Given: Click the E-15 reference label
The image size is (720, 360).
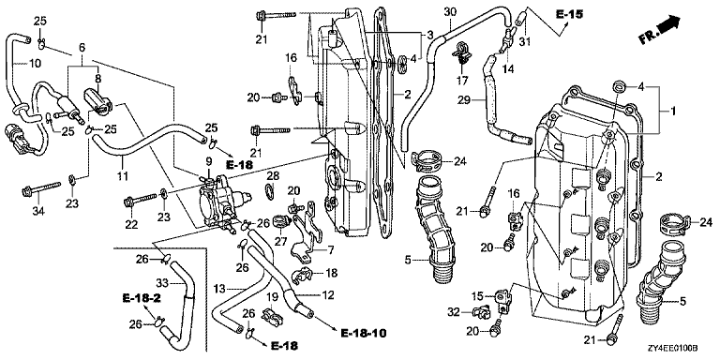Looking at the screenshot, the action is click(x=569, y=14).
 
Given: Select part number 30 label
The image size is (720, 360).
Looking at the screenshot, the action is click(x=450, y=12).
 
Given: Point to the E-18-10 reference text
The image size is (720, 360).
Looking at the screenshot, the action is click(x=363, y=333).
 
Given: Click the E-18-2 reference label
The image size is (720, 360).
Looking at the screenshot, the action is click(x=142, y=298).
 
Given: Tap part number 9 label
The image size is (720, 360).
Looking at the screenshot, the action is click(x=208, y=161).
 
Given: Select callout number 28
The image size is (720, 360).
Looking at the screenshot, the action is click(x=273, y=175).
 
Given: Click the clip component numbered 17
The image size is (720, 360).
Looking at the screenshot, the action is click(x=461, y=54).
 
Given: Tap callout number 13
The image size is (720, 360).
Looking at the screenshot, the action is click(x=221, y=290).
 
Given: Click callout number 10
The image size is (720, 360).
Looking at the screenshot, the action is click(x=35, y=63).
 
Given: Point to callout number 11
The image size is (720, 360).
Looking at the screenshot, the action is click(x=123, y=175).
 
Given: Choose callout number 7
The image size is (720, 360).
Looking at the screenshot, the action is click(x=331, y=250).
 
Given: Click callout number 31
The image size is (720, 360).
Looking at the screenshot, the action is click(x=524, y=42).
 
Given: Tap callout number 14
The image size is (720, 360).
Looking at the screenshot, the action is click(x=507, y=68).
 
